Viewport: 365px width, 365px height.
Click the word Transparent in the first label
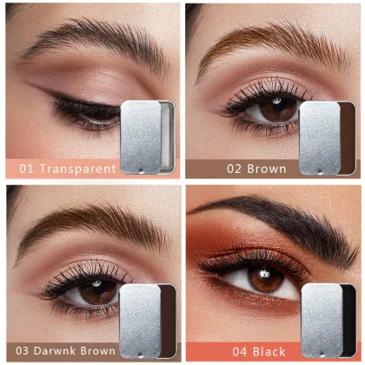click(x=76, y=169)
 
